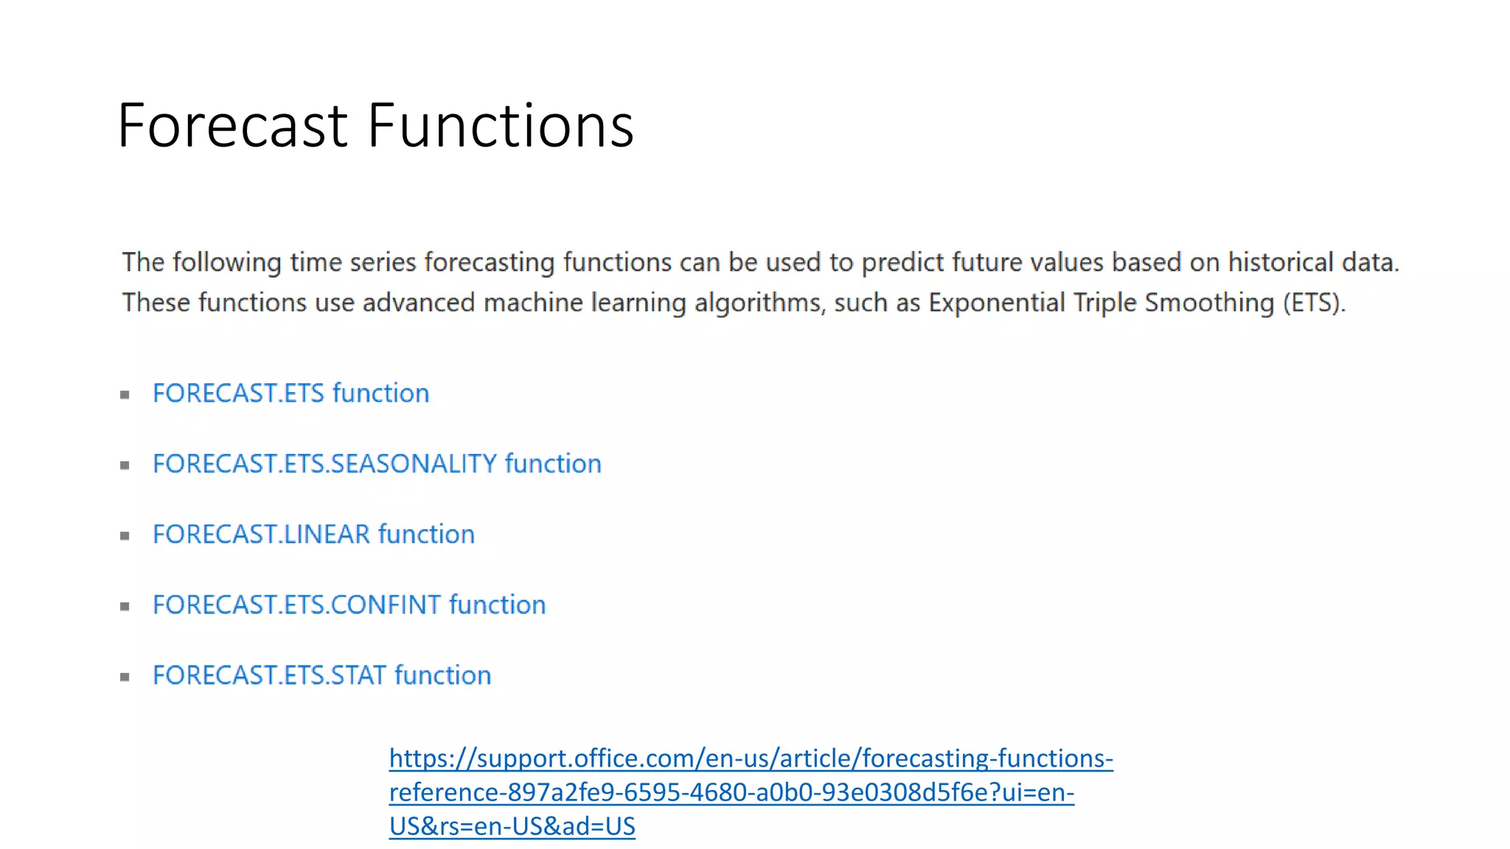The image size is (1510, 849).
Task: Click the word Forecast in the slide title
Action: coord(232,126)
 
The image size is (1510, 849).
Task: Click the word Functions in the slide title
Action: coord(501,126)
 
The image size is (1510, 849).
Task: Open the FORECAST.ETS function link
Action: coord(290,394)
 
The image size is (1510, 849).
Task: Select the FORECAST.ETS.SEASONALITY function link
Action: coord(377,464)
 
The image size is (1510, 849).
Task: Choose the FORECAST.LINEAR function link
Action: coord(313,534)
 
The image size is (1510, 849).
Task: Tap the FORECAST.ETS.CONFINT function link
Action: coord(349,605)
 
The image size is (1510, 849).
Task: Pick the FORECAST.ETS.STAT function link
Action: coord(321,676)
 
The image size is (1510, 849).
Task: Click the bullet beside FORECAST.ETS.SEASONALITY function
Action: coord(125,466)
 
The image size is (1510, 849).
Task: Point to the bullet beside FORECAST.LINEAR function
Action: coord(125,536)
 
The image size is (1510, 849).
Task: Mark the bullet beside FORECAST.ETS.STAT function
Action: coord(125,677)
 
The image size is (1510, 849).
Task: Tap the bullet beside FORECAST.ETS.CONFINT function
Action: coord(125,607)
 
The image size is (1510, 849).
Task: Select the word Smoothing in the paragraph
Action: coord(1209,303)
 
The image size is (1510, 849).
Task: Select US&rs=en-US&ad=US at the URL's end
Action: coord(512,827)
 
